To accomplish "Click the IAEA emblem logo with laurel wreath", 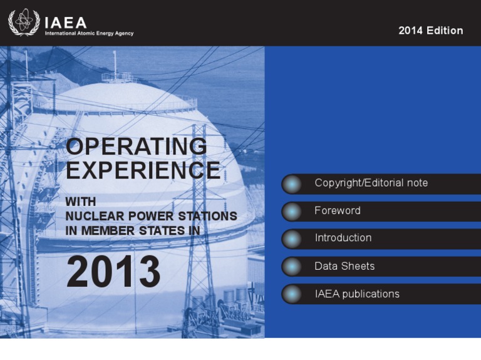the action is coord(24,22).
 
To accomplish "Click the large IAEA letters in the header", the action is coord(66,23).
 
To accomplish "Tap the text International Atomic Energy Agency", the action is coord(90,33).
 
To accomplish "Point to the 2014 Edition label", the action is coord(431,30).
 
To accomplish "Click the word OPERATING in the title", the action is coord(137,146).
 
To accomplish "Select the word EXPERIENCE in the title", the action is coord(143,170).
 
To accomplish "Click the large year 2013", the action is coord(113,272).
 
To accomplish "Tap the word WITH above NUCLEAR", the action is coord(81,202).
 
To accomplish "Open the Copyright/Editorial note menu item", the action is coord(371,183).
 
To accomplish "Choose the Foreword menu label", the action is coord(338,210).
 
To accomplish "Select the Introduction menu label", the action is coord(343,238).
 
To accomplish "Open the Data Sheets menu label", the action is coord(344,266).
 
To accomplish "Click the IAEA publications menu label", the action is coord(357,294).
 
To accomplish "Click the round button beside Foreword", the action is coord(292,211).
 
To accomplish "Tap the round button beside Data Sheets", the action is coord(292,266).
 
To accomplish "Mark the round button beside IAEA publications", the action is coord(292,294).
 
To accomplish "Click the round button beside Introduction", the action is coord(292,239).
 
